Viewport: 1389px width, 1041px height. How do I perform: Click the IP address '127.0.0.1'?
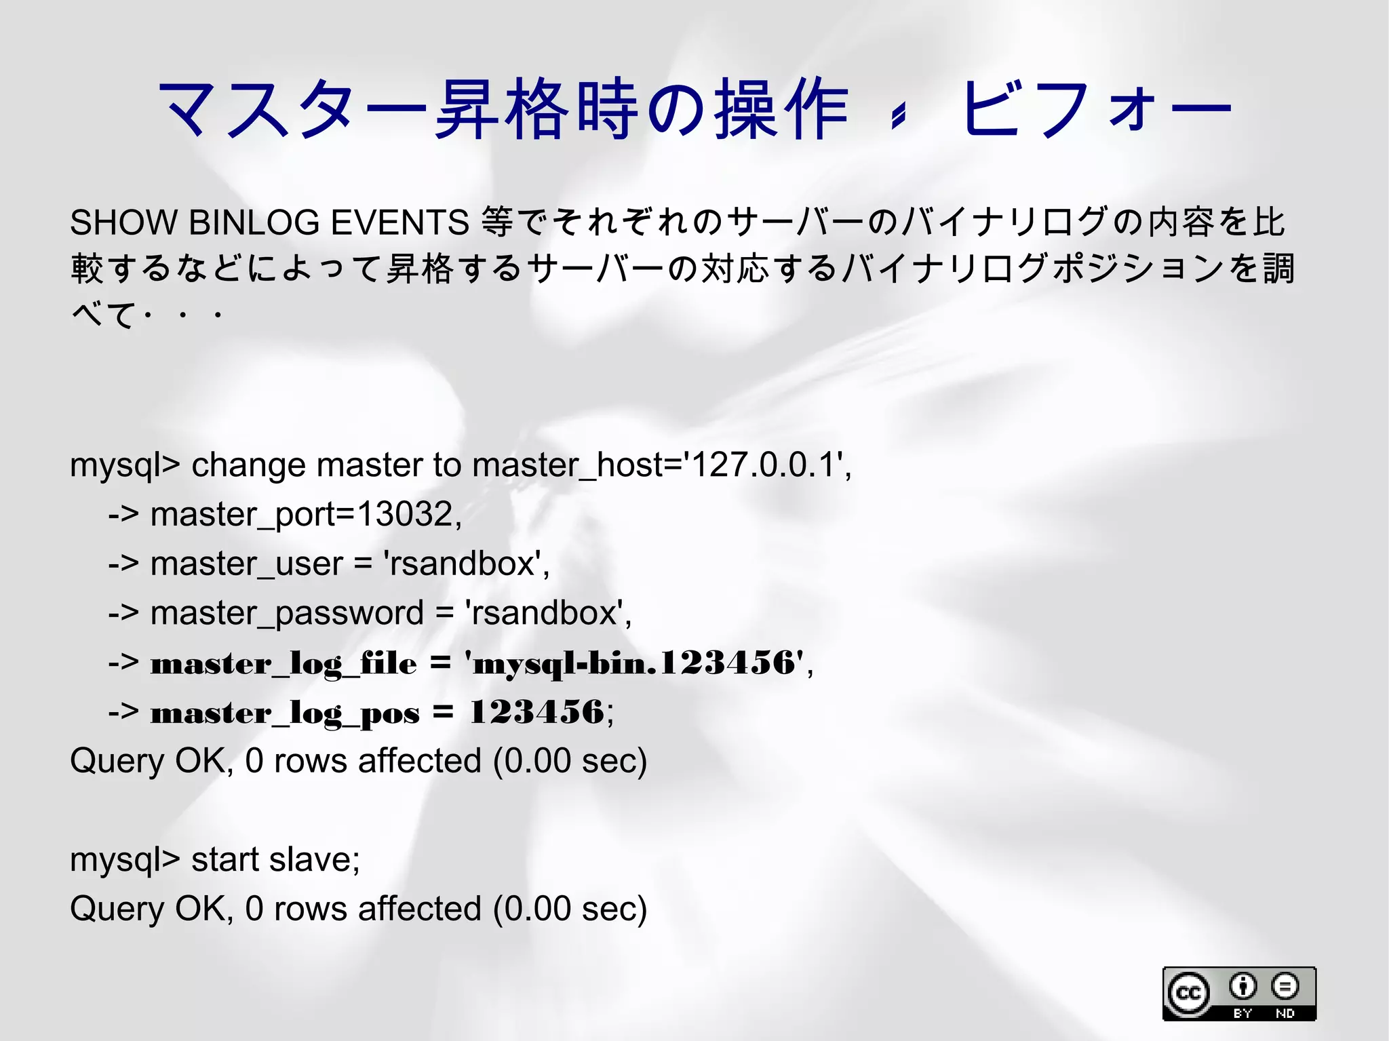click(763, 465)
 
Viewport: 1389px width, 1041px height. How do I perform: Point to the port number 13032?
click(404, 514)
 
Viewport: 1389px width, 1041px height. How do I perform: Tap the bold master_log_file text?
click(283, 663)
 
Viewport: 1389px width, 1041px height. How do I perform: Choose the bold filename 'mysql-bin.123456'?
click(634, 663)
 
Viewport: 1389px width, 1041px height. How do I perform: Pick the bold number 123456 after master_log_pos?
click(536, 712)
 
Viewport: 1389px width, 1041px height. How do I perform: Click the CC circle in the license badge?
click(1188, 994)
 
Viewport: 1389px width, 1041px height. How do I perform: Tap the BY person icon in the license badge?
click(1243, 986)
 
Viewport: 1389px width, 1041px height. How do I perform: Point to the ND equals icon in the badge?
click(1285, 986)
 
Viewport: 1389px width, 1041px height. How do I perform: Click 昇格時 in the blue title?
click(536, 109)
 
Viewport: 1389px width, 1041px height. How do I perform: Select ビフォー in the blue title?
click(1095, 109)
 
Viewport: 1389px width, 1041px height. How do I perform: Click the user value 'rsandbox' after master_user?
click(465, 564)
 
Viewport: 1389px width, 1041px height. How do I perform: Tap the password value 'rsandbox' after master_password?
click(547, 614)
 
